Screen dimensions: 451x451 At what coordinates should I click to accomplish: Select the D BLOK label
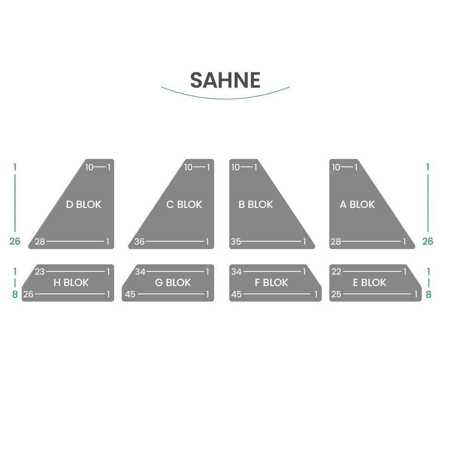(84, 205)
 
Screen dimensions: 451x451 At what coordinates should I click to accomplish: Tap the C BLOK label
(184, 205)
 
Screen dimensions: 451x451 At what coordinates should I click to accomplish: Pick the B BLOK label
(256, 205)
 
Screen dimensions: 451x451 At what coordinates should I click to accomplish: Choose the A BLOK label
(357, 205)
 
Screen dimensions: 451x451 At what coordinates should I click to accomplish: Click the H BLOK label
(71, 283)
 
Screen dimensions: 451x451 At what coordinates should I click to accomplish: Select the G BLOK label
(173, 283)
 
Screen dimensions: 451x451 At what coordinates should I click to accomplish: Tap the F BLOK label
(271, 283)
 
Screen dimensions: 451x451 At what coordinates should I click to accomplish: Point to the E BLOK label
(370, 283)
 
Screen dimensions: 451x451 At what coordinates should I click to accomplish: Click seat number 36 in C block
(139, 242)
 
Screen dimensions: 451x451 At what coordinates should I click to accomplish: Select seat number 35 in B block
(236, 242)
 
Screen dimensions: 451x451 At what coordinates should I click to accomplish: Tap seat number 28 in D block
(40, 242)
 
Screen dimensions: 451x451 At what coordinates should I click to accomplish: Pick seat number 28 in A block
(336, 242)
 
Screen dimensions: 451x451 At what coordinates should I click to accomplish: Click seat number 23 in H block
(40, 271)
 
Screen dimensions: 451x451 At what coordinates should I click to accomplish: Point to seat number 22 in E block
(336, 271)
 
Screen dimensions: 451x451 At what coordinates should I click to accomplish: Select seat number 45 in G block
(130, 294)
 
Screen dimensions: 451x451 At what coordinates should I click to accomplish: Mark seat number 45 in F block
(236, 294)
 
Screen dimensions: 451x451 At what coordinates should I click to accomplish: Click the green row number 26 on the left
(15, 241)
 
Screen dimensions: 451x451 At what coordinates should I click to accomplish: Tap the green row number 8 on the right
(428, 294)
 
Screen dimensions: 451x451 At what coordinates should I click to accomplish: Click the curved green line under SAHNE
(225, 99)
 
